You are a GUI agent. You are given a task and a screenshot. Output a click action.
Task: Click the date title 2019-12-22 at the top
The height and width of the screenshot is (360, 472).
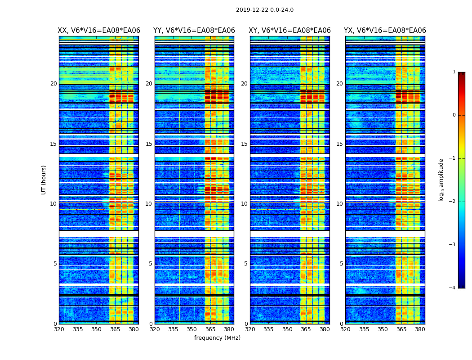pyautogui.click(x=264, y=10)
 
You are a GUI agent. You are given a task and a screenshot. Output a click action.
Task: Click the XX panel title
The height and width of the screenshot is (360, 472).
pyautogui.click(x=99, y=31)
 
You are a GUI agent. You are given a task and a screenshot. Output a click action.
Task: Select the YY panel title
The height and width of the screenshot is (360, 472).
pyautogui.click(x=194, y=31)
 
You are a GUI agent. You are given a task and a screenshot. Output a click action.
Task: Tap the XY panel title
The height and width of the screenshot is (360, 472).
pyautogui.click(x=289, y=31)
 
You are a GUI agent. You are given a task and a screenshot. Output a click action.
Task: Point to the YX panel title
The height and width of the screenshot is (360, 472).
pyautogui.click(x=385, y=31)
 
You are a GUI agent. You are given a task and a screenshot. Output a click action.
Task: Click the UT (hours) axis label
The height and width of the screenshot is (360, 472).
pyautogui.click(x=44, y=180)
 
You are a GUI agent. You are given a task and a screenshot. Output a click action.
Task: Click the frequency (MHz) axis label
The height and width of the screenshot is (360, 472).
pyautogui.click(x=217, y=338)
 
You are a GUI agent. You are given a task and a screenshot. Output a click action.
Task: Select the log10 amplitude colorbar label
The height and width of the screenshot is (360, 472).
pyautogui.click(x=441, y=180)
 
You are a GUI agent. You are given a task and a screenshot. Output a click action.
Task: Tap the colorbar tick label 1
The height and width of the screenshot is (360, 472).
pyautogui.click(x=454, y=72)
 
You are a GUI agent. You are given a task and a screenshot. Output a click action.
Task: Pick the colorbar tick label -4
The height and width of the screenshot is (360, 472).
pyautogui.click(x=453, y=288)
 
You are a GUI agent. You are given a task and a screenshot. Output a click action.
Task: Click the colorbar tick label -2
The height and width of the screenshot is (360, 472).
pyautogui.click(x=453, y=202)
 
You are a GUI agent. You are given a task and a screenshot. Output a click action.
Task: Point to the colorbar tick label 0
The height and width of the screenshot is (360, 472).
pyautogui.click(x=454, y=115)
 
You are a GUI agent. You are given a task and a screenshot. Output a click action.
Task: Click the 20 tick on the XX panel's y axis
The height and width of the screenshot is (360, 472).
pyautogui.click(x=53, y=84)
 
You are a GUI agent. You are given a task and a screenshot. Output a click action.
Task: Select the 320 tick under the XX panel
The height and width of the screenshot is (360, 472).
pyautogui.click(x=59, y=329)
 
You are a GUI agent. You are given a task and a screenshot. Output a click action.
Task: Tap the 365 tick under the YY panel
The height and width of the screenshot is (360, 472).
pyautogui.click(x=210, y=329)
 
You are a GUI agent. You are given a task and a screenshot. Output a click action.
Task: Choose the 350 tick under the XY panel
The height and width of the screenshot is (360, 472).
pyautogui.click(x=287, y=329)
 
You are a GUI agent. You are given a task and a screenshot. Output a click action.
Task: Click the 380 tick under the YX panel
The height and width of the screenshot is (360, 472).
pyautogui.click(x=420, y=329)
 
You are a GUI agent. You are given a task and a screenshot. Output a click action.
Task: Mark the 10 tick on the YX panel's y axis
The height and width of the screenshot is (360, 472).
pyautogui.click(x=339, y=204)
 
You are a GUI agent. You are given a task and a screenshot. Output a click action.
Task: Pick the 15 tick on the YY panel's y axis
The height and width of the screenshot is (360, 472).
pyautogui.click(x=149, y=144)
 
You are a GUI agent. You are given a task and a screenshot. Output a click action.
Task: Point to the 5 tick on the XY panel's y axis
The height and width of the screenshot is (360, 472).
pyautogui.click(x=246, y=264)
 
